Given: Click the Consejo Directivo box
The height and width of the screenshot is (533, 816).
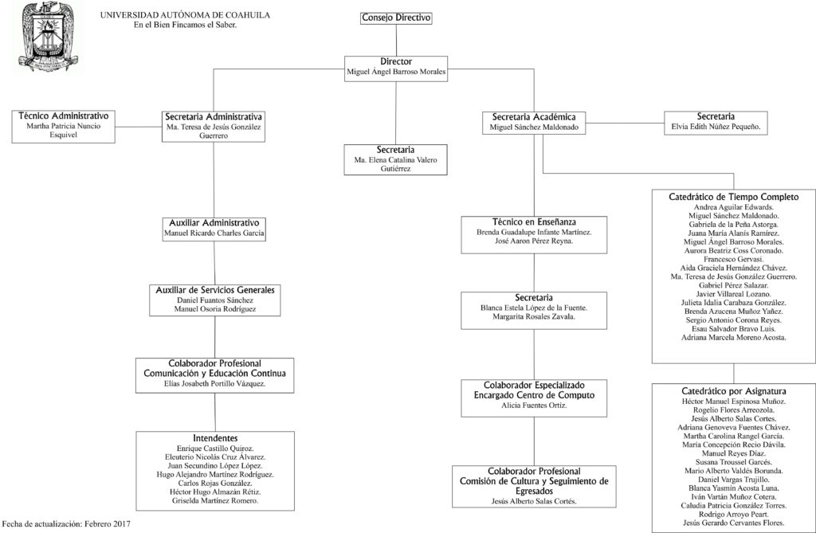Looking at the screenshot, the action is point(396,18).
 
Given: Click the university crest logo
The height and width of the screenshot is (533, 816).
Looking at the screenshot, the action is point(48,37).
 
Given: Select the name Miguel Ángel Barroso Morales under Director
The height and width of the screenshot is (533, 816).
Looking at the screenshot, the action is point(396,72).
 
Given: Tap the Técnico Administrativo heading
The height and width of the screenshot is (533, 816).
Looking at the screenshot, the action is point(64,116).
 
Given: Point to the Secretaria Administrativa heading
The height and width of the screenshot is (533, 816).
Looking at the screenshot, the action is point(214,116).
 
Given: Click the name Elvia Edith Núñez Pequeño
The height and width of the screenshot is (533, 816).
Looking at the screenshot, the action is point(716,127).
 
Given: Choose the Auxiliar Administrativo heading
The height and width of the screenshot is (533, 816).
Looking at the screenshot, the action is point(214,223).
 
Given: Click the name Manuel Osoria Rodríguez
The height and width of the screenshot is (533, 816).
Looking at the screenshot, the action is point(215,309).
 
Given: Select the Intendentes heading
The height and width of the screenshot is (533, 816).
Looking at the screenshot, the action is point(215,438).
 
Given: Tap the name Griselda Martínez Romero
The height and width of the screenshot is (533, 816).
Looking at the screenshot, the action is point(215,500).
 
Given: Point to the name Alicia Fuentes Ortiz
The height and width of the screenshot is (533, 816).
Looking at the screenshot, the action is point(534,406).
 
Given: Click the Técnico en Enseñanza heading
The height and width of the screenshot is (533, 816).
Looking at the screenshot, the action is point(534,221).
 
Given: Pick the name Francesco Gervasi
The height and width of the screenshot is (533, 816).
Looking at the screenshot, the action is point(734,259).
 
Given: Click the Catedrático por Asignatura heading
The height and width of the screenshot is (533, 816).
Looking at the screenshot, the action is point(734,391).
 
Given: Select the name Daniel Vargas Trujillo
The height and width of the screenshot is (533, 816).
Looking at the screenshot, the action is point(734,480).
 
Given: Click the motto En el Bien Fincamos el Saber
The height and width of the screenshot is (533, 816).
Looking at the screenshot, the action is point(185,25).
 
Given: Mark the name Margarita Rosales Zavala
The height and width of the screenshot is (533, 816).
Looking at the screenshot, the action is point(534,316).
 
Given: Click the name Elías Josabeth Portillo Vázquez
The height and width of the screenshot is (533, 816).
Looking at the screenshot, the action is point(214,383).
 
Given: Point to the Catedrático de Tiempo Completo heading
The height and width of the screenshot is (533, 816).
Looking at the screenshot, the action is point(734,197).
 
